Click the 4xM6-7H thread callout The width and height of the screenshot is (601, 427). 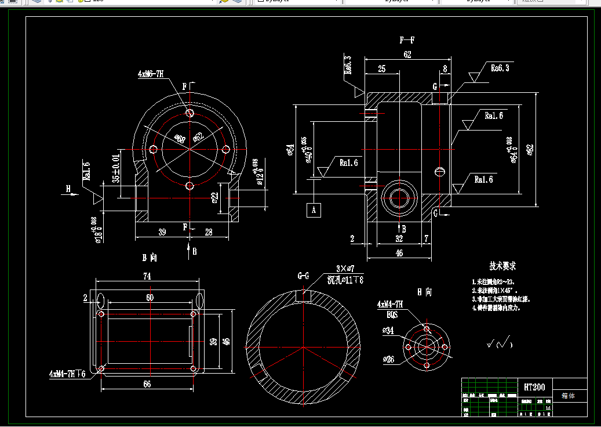pyautogui.click(x=151, y=74)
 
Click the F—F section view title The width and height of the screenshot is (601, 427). pyautogui.click(x=407, y=40)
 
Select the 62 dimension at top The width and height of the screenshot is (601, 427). pyautogui.click(x=407, y=55)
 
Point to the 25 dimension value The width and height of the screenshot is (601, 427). pyautogui.click(x=381, y=69)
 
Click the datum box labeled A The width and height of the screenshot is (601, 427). pyautogui.click(x=314, y=209)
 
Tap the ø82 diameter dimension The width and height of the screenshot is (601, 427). pyautogui.click(x=529, y=150)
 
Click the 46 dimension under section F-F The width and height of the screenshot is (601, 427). pyautogui.click(x=399, y=253)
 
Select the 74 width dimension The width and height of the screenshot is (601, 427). pyautogui.click(x=147, y=277)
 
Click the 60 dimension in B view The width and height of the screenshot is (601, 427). pyautogui.click(x=150, y=297)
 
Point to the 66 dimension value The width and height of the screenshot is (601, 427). pyautogui.click(x=147, y=384)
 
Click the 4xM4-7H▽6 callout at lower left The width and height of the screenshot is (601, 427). pyautogui.click(x=68, y=374)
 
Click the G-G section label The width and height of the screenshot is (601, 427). pyautogui.click(x=304, y=276)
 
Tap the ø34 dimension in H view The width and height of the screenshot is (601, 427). pyautogui.click(x=388, y=331)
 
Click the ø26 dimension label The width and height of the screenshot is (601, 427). pyautogui.click(x=388, y=360)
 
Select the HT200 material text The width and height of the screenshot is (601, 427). pyautogui.click(x=534, y=387)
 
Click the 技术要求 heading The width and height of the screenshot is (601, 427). pyautogui.click(x=502, y=266)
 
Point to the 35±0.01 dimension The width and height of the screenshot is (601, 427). pyautogui.click(x=116, y=169)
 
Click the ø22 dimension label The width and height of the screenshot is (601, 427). pyautogui.click(x=214, y=198)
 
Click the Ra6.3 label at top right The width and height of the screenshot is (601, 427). pyautogui.click(x=500, y=68)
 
